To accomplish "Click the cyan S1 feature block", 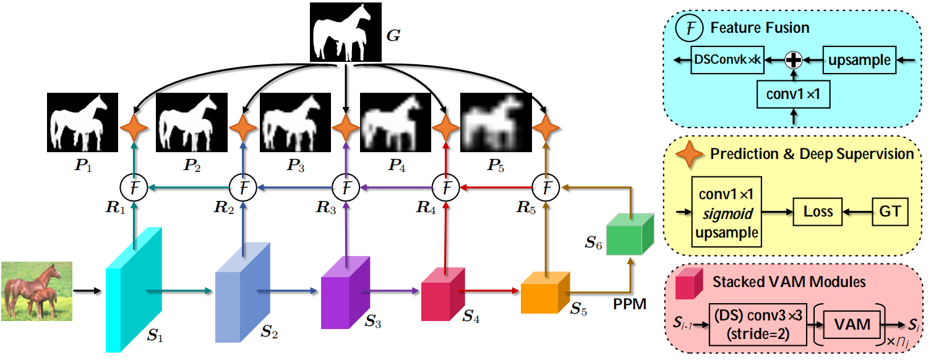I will pos(133,291).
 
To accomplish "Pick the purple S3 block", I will pos(344,291).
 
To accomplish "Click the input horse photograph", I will pos(36,290).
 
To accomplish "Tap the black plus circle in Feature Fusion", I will pos(794,60).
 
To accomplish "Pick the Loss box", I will pos(818,212).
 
